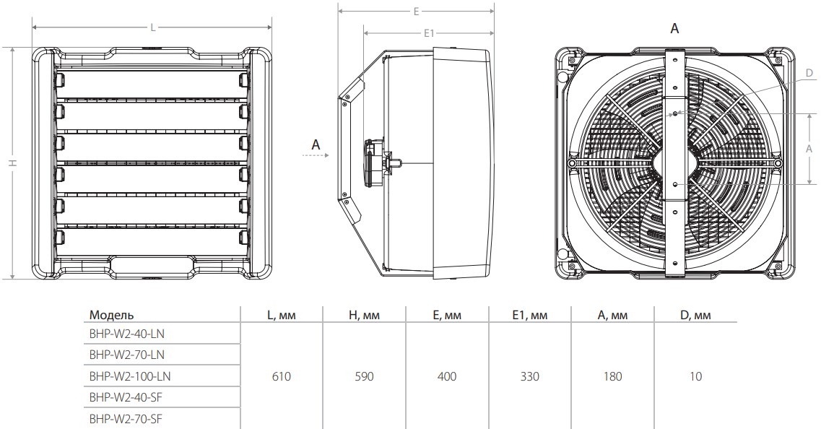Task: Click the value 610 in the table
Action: (x=282, y=376)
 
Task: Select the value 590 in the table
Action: (x=365, y=376)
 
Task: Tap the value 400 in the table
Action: (x=447, y=376)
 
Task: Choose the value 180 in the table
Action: (x=612, y=376)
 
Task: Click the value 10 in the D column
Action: (x=695, y=376)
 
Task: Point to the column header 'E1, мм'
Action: (x=529, y=315)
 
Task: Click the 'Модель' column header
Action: (x=111, y=315)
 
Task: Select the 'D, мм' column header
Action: (x=695, y=315)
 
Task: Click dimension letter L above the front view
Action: (x=152, y=27)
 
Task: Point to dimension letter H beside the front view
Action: (x=12, y=163)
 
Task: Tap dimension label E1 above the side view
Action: (x=428, y=33)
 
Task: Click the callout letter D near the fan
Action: (x=809, y=73)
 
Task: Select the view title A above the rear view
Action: (x=674, y=28)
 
